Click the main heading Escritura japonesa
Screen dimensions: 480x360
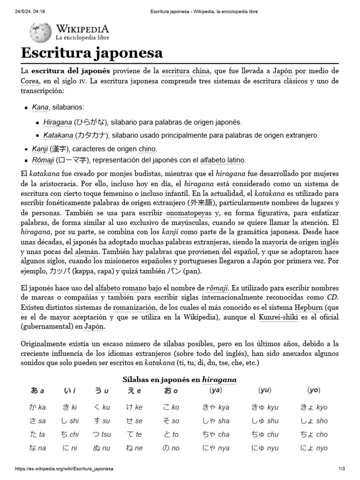pyautogui.click(x=91, y=52)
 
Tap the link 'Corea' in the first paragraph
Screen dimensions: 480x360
pyautogui.click(x=30, y=81)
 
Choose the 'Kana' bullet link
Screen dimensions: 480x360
pyautogui.click(x=40, y=107)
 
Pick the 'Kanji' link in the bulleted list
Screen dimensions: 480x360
pyautogui.click(x=40, y=149)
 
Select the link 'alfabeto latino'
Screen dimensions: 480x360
pyautogui.click(x=222, y=160)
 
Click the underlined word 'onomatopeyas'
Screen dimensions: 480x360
pyautogui.click(x=182, y=212)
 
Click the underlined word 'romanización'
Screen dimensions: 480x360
pyautogui.click(x=134, y=307)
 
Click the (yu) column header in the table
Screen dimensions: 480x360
pyautogui.click(x=264, y=390)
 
